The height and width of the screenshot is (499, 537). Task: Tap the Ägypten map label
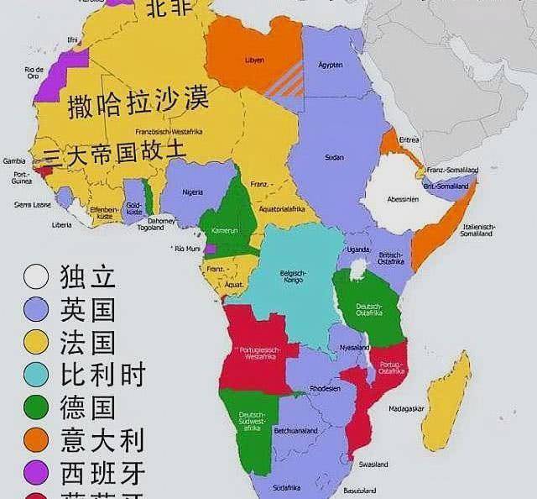(x=329, y=65)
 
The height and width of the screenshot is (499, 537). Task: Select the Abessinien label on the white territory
(x=403, y=199)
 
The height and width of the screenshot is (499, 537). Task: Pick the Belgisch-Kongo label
(x=293, y=278)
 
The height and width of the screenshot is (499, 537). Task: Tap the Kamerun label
(x=224, y=229)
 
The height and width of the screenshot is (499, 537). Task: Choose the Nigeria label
(x=193, y=192)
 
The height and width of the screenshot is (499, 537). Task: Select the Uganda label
(x=358, y=249)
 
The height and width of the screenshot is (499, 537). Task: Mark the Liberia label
(x=61, y=224)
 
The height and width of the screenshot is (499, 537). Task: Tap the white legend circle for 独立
(x=36, y=276)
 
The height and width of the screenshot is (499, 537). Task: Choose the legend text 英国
(x=87, y=309)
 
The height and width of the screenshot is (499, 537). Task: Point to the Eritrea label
(x=409, y=139)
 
